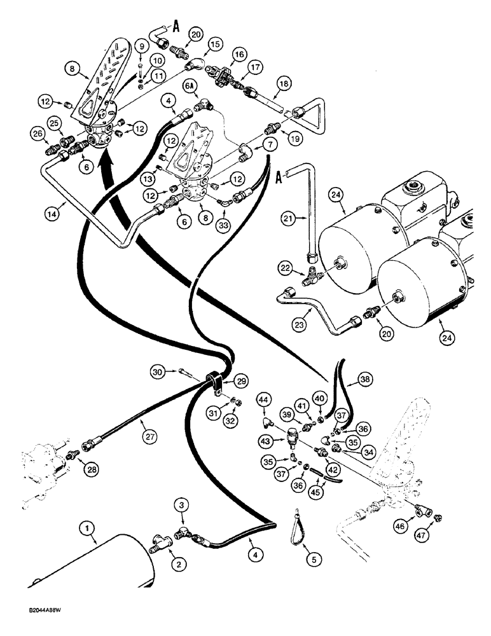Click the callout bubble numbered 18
[x=283, y=83]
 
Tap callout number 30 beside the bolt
[x=159, y=370]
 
